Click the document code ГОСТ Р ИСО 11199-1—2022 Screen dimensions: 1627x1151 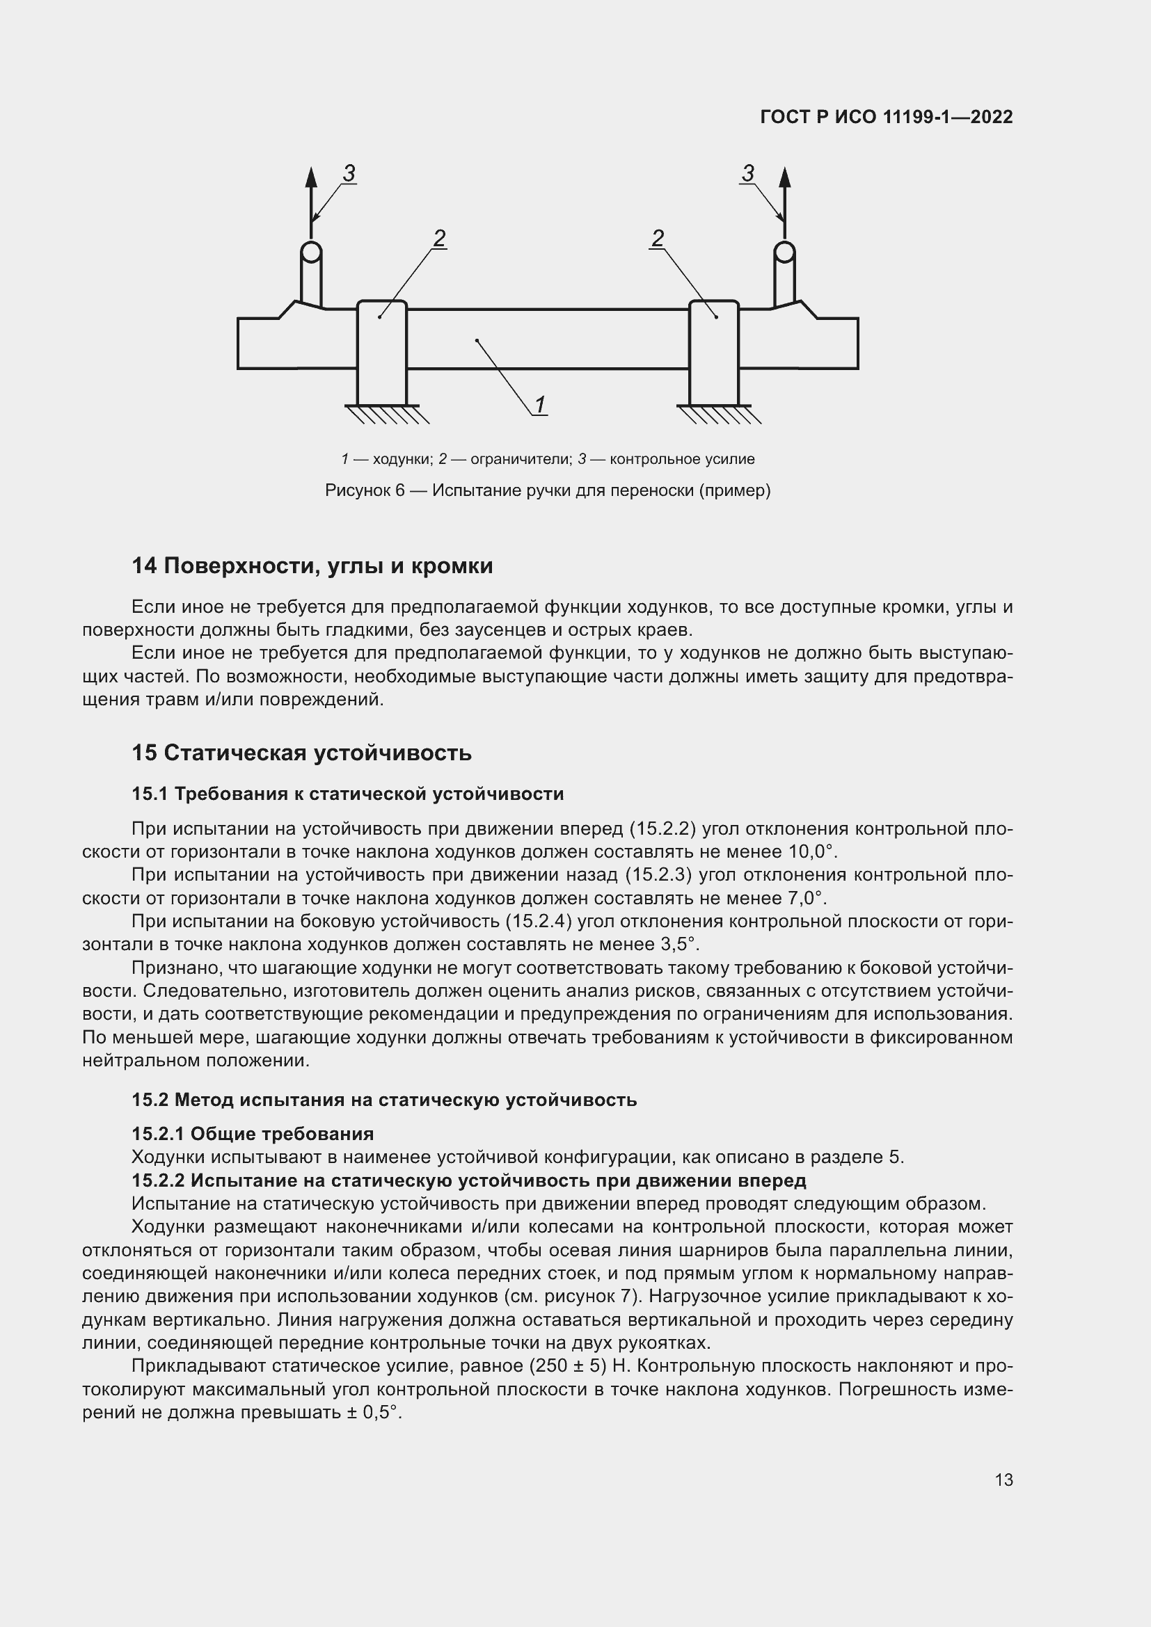point(886,117)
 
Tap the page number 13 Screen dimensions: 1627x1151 point(1003,1480)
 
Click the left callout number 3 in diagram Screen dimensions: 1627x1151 point(349,173)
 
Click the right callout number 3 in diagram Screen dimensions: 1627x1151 point(747,173)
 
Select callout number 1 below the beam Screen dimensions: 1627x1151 point(539,405)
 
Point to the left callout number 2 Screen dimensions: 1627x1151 point(438,238)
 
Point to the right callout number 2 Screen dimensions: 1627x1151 point(658,238)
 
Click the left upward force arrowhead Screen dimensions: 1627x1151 point(311,177)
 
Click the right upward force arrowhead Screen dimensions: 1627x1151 point(784,177)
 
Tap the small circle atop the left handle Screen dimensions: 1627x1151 point(311,252)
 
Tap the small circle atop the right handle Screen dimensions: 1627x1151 point(784,252)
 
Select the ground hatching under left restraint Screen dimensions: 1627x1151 point(386,415)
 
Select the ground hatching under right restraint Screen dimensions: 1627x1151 point(718,415)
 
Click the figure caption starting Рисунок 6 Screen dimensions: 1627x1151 point(547,490)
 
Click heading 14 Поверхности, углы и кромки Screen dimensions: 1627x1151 point(312,566)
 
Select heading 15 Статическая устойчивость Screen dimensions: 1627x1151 point(301,753)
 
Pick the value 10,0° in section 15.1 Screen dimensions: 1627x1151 point(812,851)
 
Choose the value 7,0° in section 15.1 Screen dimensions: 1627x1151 point(807,898)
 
